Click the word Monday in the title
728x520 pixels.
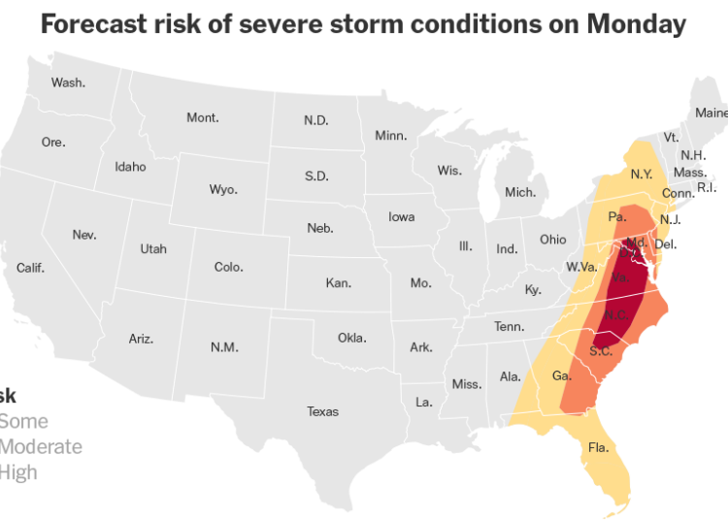(x=635, y=25)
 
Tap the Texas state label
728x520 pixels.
(x=323, y=411)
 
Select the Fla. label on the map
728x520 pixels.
(x=598, y=448)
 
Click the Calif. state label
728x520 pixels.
(x=30, y=268)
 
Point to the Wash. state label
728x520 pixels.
(x=68, y=82)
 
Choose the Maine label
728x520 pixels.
(x=711, y=113)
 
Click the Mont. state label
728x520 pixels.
(x=203, y=117)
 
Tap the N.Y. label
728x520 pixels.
(x=641, y=175)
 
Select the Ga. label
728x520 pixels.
(x=561, y=375)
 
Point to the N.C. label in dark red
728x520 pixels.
(x=614, y=315)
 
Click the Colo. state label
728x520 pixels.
(x=229, y=267)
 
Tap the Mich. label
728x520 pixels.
(x=520, y=192)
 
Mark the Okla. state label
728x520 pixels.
(x=352, y=338)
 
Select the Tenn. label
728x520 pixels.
(x=509, y=327)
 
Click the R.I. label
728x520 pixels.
(x=707, y=187)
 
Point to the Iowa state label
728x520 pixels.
(x=402, y=216)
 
